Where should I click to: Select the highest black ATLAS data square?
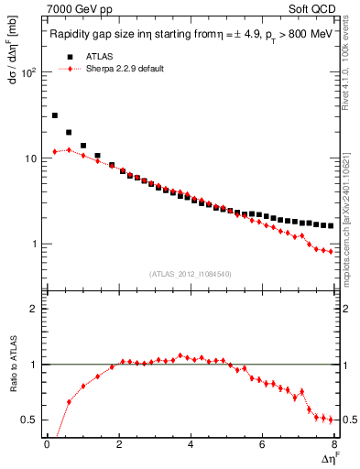tap(55, 115)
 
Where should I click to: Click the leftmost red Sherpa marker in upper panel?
tap(55, 152)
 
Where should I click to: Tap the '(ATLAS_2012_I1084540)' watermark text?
tap(189, 274)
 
